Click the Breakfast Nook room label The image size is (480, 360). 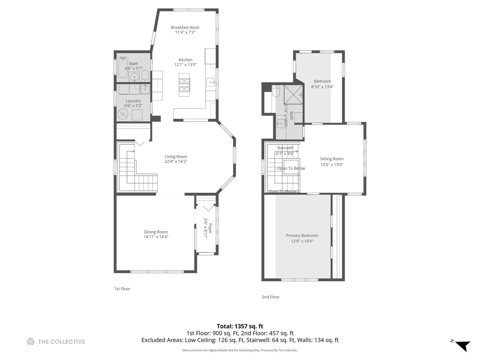click(x=185, y=27)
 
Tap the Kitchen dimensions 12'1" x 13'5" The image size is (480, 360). click(x=185, y=65)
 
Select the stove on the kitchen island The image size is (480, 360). click(x=184, y=85)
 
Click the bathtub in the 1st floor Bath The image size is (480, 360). click(x=123, y=68)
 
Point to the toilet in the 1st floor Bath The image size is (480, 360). click(x=145, y=76)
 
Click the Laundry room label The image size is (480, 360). click(x=133, y=101)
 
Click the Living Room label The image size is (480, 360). click(x=176, y=156)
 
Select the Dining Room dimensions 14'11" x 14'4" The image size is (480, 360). click(x=156, y=237)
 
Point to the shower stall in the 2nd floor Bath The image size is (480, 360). click(x=293, y=94)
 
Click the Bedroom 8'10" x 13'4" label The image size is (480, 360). click(x=322, y=81)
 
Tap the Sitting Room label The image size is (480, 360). click(x=332, y=159)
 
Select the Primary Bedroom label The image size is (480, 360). click(x=302, y=235)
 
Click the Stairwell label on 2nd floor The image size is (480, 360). click(x=285, y=148)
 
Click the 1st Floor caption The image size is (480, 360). click(x=122, y=289)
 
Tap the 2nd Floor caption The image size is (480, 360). click(x=270, y=297)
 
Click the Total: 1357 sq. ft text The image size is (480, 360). click(x=240, y=326)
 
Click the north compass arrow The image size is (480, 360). click(x=463, y=345)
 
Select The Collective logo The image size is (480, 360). click(x=56, y=341)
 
